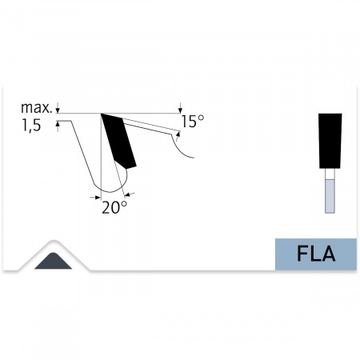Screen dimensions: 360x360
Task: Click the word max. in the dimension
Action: (x=36, y=108)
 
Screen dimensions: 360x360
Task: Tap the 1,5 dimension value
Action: (x=31, y=126)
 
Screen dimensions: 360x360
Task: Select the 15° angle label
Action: (x=193, y=122)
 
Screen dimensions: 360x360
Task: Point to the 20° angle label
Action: (x=114, y=207)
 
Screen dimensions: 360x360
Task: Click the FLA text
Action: (x=316, y=254)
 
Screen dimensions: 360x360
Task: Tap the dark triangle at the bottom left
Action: (x=54, y=261)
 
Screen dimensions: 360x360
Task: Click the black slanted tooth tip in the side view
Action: (x=118, y=141)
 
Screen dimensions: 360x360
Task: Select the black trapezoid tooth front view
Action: (x=330, y=141)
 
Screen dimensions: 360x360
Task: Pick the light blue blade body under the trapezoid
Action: (x=330, y=196)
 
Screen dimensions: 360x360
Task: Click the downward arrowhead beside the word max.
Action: (x=58, y=110)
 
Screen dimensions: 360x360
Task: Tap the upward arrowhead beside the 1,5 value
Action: (x=58, y=124)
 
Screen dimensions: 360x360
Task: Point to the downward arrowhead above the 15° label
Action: (x=181, y=110)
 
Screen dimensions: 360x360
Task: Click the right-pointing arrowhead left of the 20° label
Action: (x=98, y=198)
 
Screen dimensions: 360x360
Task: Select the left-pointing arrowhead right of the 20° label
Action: (x=128, y=195)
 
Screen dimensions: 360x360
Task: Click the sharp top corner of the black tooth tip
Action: (x=101, y=114)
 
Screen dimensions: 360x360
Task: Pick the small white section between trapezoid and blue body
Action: (x=330, y=174)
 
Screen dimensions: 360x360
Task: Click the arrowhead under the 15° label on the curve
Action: (x=178, y=134)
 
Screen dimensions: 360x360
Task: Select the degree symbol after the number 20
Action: (x=124, y=204)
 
